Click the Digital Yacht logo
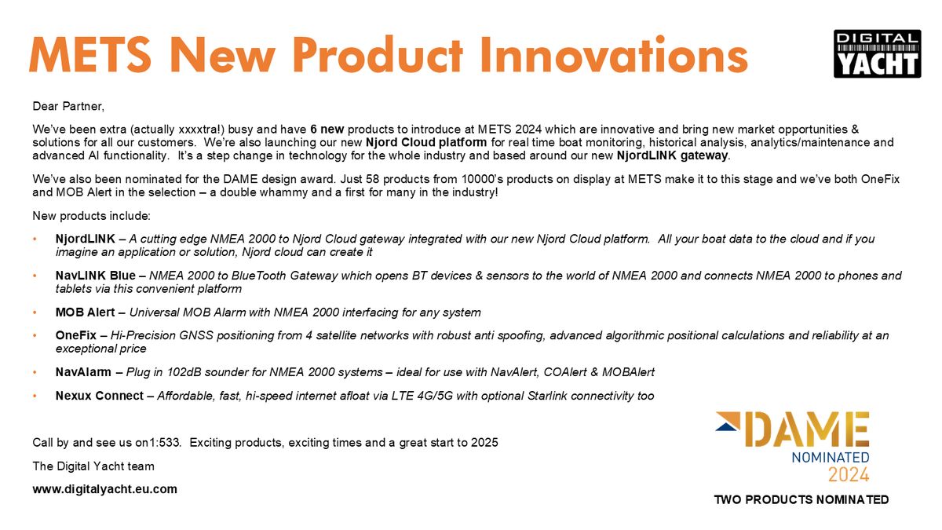click(x=876, y=53)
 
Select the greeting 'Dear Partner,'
click(x=68, y=105)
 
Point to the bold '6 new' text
click(x=327, y=129)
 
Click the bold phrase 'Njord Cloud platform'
click(x=426, y=143)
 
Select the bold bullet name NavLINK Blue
click(x=95, y=276)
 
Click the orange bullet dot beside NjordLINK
click(x=35, y=239)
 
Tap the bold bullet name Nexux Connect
click(x=99, y=396)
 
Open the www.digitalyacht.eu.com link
click(x=104, y=489)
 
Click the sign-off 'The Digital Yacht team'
click(x=93, y=466)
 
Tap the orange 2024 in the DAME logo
click(x=848, y=474)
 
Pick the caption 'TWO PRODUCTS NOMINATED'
click(x=801, y=500)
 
